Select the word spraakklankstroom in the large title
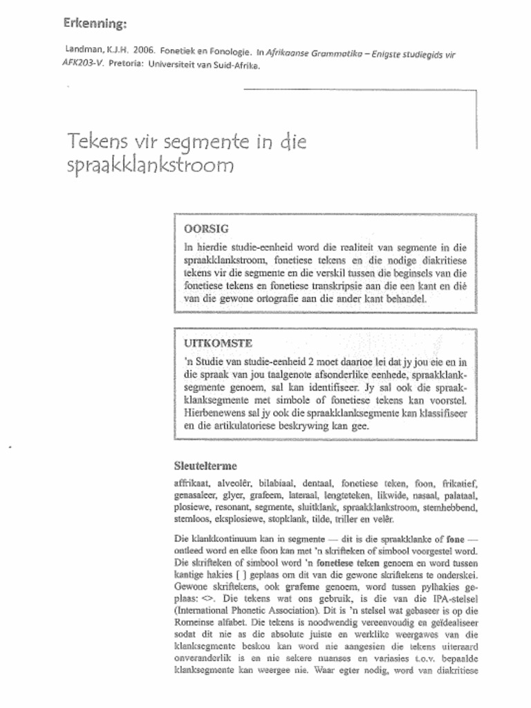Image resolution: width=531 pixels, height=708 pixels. point(151,166)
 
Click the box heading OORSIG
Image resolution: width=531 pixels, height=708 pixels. point(206,228)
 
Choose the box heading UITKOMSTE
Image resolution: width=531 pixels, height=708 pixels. point(218,343)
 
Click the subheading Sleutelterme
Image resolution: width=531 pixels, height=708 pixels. point(205,466)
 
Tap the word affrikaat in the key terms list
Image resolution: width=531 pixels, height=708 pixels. point(192,483)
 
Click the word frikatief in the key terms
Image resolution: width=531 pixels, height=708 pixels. point(455,483)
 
